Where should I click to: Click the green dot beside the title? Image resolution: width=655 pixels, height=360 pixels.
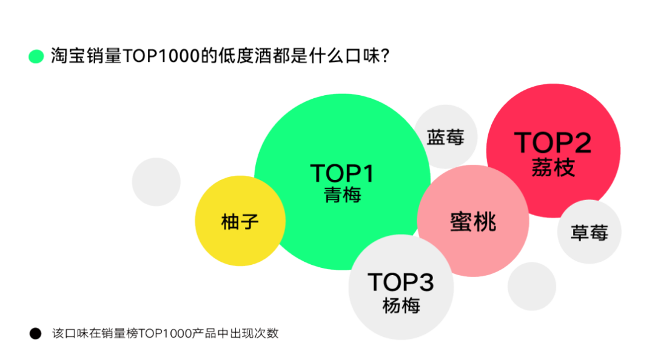[x=36, y=56]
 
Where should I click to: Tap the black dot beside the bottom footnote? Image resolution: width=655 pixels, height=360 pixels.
[x=35, y=333]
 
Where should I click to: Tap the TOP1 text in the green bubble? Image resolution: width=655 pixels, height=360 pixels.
[x=342, y=174]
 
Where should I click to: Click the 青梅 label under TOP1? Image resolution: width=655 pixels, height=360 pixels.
[x=343, y=195]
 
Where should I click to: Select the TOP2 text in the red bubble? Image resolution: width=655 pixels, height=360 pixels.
[x=553, y=143]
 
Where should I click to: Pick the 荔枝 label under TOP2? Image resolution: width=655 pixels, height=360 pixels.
[x=553, y=167]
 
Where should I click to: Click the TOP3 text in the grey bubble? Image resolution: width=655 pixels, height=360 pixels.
[x=401, y=282]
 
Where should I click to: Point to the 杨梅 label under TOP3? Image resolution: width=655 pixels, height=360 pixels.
[x=401, y=305]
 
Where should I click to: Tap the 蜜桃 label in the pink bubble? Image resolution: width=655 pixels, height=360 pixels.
[x=473, y=222]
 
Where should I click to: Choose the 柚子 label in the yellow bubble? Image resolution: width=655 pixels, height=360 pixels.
[x=240, y=222]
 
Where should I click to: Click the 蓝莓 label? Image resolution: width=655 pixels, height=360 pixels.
[x=445, y=138]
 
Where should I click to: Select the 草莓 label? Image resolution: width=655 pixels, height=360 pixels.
[x=589, y=233]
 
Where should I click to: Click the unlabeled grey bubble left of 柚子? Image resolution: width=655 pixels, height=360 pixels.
[x=156, y=181]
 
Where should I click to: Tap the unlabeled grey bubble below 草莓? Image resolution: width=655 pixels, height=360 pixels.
[x=532, y=286]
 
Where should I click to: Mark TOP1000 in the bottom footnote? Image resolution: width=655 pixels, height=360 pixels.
[x=163, y=333]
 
